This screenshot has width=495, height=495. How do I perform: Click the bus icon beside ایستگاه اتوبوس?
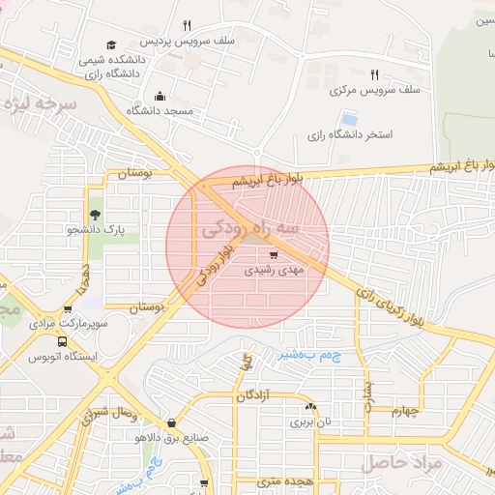[x=63, y=341]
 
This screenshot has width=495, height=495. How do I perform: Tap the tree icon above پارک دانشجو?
[x=95, y=215]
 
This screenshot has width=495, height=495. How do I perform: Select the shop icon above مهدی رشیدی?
[x=275, y=255]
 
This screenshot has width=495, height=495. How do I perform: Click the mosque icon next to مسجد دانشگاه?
[x=160, y=96]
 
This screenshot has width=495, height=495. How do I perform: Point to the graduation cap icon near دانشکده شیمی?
[x=111, y=44]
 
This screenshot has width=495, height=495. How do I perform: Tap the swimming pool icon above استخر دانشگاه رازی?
[x=349, y=119]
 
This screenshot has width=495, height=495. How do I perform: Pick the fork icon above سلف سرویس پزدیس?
[x=187, y=26]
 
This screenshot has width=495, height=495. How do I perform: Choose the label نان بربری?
[x=311, y=422]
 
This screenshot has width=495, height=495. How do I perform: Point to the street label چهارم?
[x=406, y=411]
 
